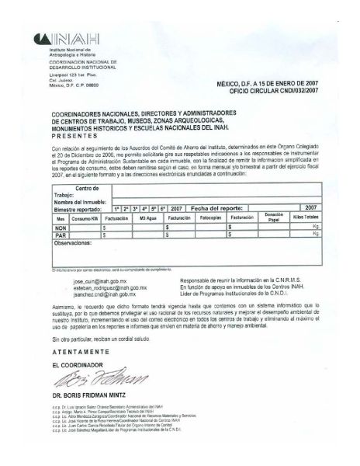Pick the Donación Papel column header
273,217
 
